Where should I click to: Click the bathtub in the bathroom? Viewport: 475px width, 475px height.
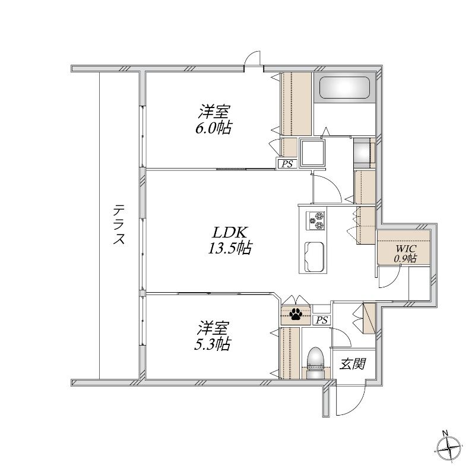coord(344,87)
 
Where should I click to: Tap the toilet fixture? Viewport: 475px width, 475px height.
coord(315,363)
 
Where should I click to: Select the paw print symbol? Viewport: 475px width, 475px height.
coord(295,314)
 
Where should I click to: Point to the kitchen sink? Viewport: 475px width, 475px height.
coord(314,257)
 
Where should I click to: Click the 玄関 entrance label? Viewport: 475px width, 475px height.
coord(353,363)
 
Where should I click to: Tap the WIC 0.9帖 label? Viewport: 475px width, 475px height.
coord(406,254)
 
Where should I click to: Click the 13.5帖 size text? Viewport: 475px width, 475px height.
coord(230,248)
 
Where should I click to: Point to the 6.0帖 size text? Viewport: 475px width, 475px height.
coord(214,128)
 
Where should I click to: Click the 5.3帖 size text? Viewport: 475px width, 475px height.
coord(213,344)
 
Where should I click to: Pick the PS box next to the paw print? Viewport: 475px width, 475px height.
coord(322,320)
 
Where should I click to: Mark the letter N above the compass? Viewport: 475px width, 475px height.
coord(445,433)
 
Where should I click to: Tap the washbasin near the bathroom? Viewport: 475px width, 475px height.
coord(364,154)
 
